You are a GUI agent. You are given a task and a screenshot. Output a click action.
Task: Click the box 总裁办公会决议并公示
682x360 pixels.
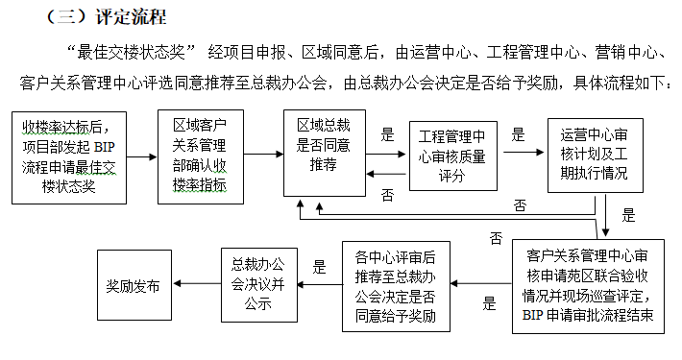pyautogui.click(x=258, y=286)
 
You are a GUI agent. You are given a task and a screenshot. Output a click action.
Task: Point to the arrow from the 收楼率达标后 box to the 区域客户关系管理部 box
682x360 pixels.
pyautogui.click(x=143, y=156)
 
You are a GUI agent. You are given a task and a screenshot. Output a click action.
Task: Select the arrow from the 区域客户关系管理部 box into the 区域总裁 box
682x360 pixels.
pyautogui.click(x=269, y=154)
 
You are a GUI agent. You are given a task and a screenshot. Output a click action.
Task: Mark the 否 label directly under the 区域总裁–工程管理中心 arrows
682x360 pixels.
pyautogui.click(x=387, y=195)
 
